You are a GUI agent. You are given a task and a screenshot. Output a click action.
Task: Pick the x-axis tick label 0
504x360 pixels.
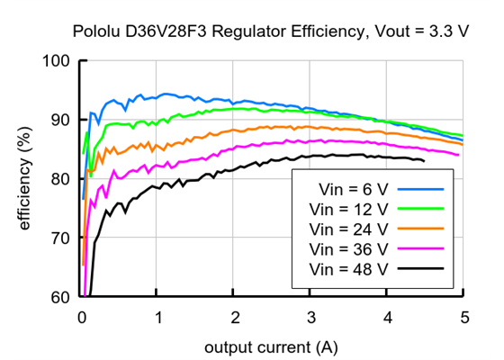82,317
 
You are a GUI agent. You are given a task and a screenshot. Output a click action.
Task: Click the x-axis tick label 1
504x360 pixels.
158,317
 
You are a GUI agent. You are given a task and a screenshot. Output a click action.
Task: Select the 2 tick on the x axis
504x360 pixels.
235,317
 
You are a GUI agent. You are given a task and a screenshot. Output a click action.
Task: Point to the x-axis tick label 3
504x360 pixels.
310,317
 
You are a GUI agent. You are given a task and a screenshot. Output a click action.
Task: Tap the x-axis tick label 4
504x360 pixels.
387,317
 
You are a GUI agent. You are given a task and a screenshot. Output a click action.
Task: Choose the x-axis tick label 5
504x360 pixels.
463,317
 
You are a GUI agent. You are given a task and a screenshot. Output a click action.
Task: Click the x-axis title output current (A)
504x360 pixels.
272,346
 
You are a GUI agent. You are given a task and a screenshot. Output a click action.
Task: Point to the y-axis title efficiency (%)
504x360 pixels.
24,179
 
